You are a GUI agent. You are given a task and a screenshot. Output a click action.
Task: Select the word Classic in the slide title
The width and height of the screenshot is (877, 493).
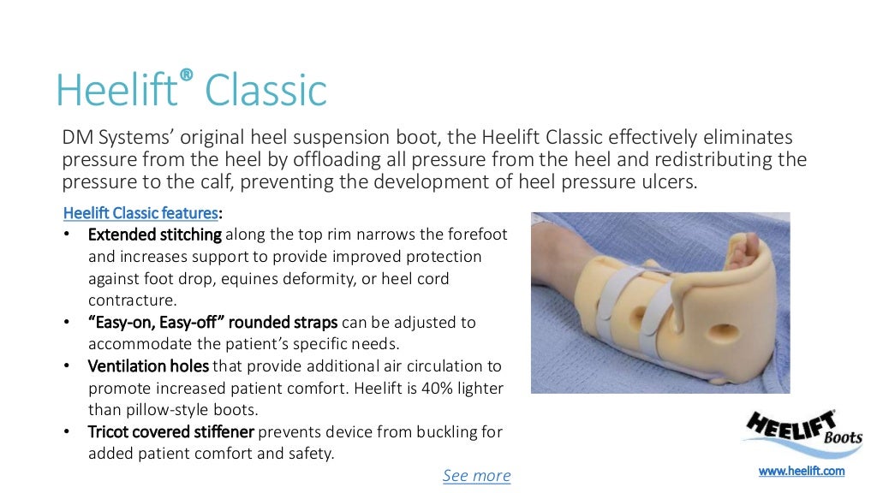266,90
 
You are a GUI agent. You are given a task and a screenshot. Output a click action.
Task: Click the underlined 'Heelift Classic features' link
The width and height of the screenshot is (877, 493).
140,212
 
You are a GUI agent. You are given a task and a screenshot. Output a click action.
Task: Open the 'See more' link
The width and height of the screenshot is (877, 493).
476,475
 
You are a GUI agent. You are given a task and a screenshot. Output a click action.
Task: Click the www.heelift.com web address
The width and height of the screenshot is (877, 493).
802,471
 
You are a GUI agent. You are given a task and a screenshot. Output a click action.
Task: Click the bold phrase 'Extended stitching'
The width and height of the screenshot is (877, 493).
155,235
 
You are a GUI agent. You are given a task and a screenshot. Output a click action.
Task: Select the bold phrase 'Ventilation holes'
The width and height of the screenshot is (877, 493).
148,365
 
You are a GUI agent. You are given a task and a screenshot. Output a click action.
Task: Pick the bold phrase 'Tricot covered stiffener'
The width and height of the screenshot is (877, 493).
171,431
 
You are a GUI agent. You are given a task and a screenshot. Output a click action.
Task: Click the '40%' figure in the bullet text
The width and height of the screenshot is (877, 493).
433,388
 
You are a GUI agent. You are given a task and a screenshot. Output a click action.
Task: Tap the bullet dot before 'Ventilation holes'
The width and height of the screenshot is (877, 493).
67,366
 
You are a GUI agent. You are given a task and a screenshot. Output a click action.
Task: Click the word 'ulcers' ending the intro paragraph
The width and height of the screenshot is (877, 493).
673,182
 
